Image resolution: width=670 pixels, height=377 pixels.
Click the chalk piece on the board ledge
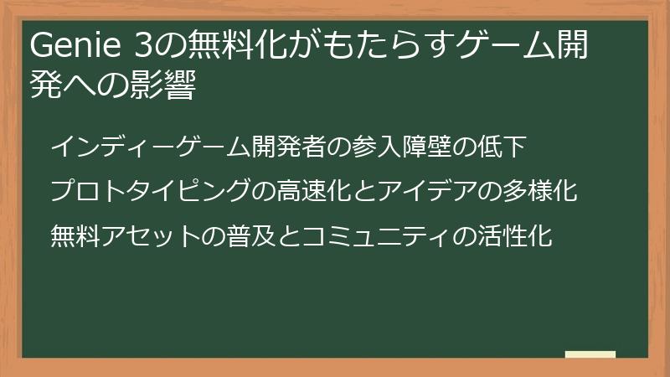pos(590,354)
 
